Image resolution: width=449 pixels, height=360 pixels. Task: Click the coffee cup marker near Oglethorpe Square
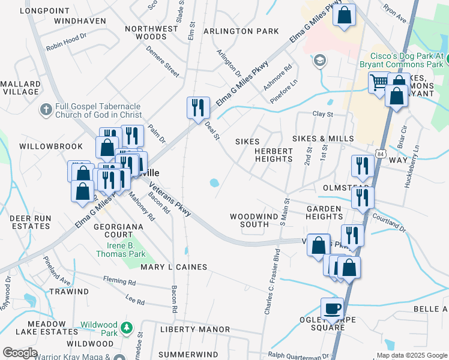tap(332, 310)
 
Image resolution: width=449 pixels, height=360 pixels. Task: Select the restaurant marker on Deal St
tap(198, 108)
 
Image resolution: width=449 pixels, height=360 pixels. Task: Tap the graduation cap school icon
tap(320, 60)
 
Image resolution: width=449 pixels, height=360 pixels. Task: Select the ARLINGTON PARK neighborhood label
tap(241, 31)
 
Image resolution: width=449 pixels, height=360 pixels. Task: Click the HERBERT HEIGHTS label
tap(273, 155)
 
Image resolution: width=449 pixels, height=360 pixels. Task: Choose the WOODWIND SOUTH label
tap(250, 220)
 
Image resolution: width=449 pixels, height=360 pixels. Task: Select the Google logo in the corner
tap(20, 353)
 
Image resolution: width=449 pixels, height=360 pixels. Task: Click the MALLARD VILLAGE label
tap(20, 88)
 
